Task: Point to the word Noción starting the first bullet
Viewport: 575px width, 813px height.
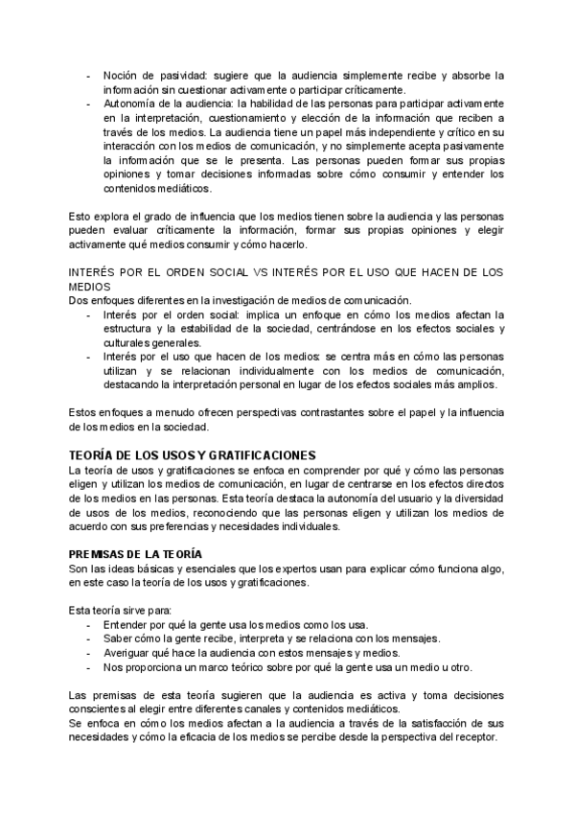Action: [x=121, y=74]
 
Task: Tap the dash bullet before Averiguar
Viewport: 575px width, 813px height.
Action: [x=89, y=653]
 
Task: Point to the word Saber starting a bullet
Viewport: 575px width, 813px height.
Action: [x=119, y=639]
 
